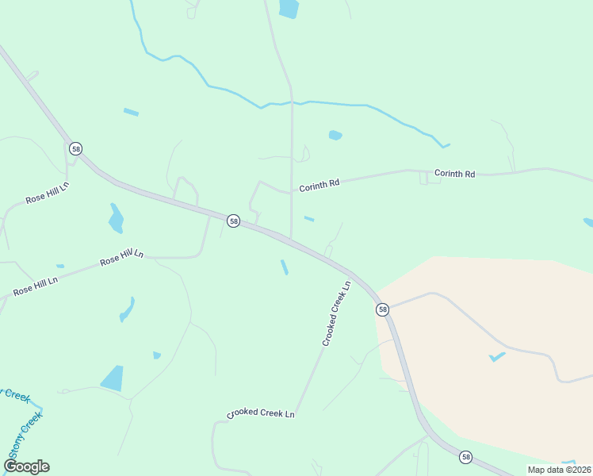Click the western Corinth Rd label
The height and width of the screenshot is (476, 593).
coord(319,186)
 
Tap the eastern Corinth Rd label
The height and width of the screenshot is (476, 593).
coord(454,173)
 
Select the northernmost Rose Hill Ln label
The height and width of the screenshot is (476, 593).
coord(48,193)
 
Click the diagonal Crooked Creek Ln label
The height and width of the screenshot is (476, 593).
coord(336,314)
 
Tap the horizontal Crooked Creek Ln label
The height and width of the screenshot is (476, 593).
coord(261,414)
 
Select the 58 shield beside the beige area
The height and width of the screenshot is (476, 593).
coord(383,309)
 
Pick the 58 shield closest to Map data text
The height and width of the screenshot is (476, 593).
coord(465,456)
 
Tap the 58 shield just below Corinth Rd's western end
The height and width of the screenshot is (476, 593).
coord(233,221)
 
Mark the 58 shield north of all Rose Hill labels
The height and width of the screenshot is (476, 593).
coord(75,148)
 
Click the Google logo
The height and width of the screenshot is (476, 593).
coord(27,466)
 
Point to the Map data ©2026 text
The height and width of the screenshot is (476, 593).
coord(559,469)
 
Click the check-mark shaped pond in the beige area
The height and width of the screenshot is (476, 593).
coord(497,357)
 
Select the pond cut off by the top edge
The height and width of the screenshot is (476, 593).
coord(289,9)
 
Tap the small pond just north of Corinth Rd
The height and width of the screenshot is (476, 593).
coord(335,135)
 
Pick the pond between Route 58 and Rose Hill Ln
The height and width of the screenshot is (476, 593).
coord(116,218)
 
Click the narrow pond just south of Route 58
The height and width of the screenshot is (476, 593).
coord(284,267)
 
